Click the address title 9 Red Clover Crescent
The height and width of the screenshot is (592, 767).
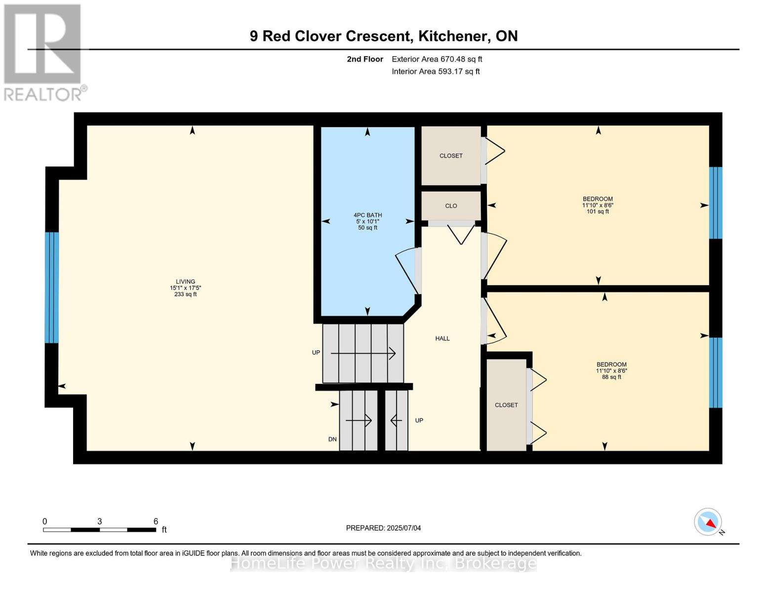coord(383,36)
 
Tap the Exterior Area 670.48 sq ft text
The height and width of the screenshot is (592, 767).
coord(437,59)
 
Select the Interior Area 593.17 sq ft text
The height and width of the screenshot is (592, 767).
coord(436,72)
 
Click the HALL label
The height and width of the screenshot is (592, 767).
coord(442,338)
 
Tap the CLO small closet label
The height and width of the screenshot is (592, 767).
coord(450,206)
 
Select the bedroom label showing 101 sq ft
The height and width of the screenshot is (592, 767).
coord(597,205)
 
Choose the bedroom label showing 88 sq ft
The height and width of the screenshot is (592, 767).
coord(611,370)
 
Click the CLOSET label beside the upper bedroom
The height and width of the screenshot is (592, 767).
coord(450,156)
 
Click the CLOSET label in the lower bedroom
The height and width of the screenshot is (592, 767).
coord(506,405)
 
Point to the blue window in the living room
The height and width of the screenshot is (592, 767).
coord(52,288)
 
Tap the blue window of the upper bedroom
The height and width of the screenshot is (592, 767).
coord(715,203)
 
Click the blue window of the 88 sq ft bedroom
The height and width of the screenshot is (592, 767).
coord(715,372)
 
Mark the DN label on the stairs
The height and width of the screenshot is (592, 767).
coord(332,439)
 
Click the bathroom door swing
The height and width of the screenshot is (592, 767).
coord(409,271)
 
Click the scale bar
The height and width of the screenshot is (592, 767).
coord(99,530)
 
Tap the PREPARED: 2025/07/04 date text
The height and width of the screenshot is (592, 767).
coord(383,528)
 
